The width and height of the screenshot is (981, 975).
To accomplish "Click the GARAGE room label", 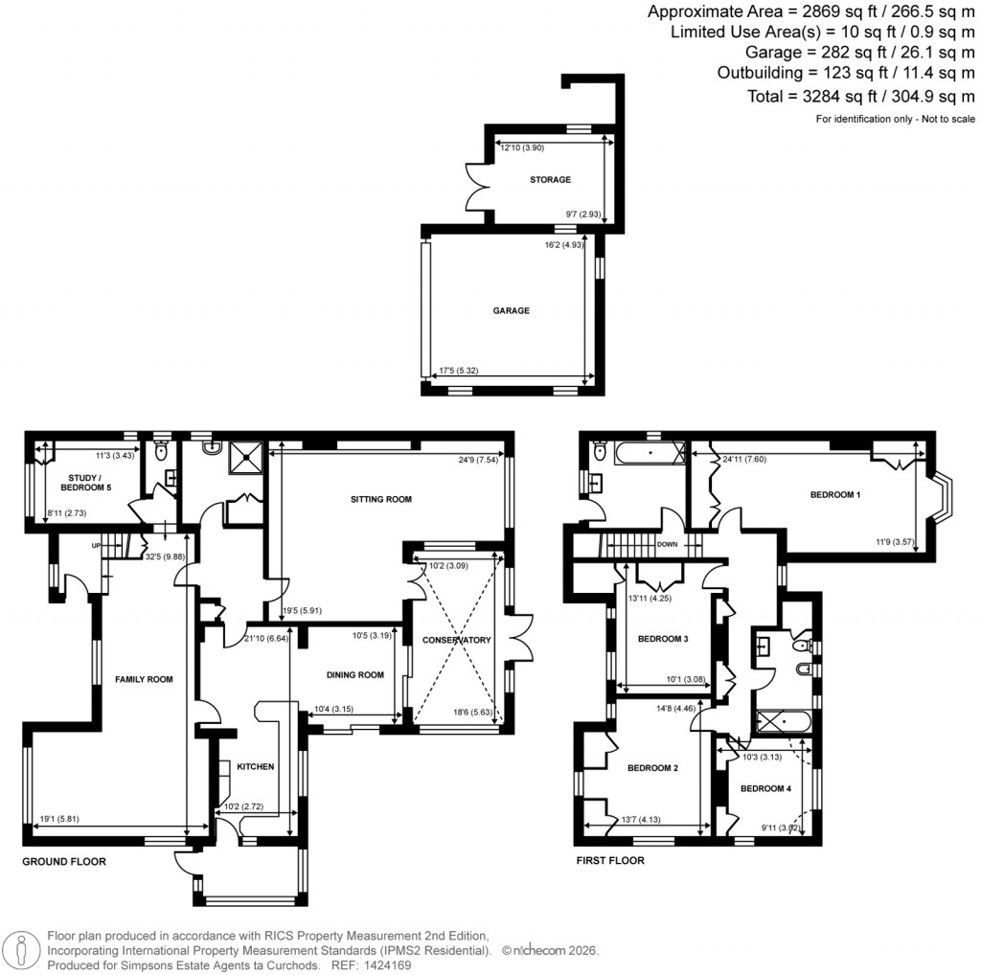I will (x=513, y=310).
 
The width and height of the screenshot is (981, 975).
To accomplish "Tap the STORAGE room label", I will (x=550, y=179).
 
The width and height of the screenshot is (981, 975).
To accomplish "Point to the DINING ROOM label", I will (x=355, y=675).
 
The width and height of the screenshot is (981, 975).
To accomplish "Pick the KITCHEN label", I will (x=256, y=766).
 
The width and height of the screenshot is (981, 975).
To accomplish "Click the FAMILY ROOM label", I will (x=144, y=679).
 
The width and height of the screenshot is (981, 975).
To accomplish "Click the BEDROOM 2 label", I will (x=652, y=767).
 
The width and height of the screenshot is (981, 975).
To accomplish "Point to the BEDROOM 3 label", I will (x=663, y=639).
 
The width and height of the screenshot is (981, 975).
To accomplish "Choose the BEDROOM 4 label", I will (x=765, y=788).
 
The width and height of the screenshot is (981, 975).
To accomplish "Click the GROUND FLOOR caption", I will (x=64, y=862).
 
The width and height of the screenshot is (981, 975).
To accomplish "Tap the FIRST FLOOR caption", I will (x=609, y=861).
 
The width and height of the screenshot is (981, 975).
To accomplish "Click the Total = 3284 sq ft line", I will (x=860, y=96).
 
